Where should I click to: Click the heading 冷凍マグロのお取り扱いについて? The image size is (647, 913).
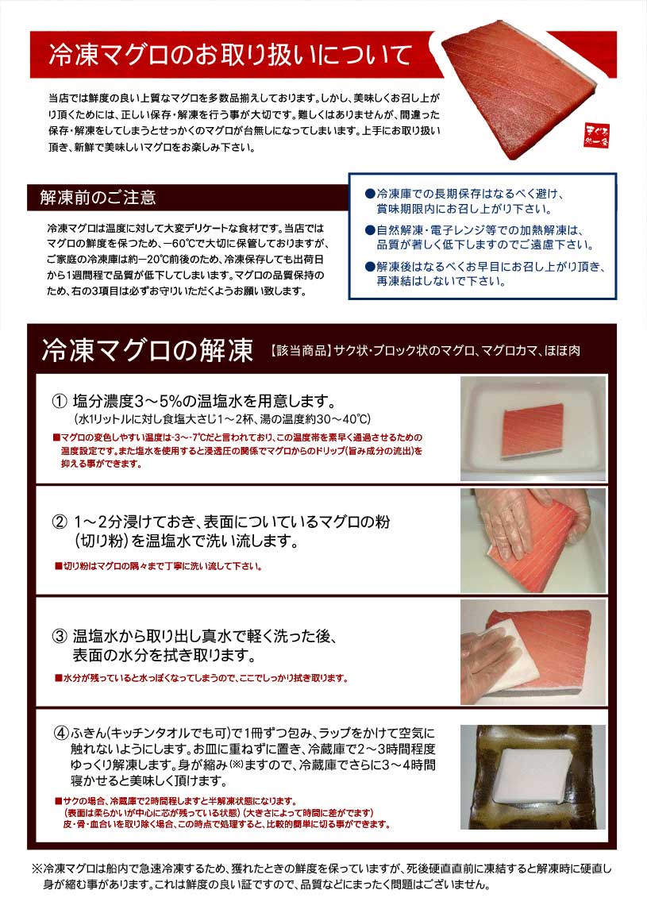[x=229, y=56]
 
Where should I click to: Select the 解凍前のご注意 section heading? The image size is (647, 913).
[x=98, y=198]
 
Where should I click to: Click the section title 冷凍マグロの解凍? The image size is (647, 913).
[x=147, y=349]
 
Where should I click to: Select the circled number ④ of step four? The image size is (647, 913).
[x=61, y=731]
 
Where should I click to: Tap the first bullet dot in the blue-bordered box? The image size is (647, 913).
[x=369, y=194]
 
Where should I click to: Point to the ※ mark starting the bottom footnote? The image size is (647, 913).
[x=35, y=869]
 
